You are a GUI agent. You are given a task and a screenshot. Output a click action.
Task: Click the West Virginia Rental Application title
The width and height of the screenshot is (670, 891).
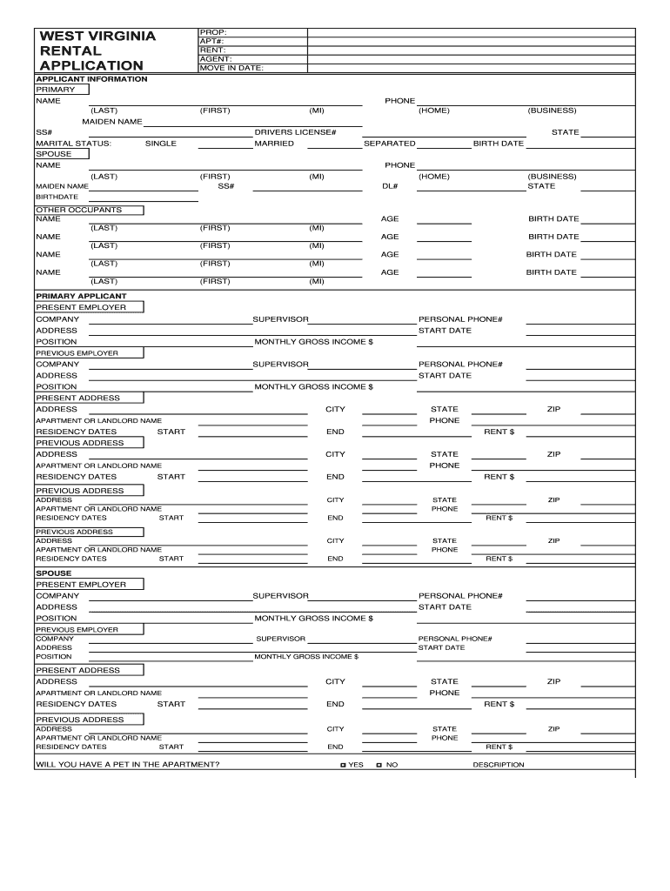(x=97, y=50)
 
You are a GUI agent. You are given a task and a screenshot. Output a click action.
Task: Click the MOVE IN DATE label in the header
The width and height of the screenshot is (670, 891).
(x=231, y=67)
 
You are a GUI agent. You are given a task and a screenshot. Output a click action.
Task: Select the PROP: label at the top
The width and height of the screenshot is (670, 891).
(x=212, y=31)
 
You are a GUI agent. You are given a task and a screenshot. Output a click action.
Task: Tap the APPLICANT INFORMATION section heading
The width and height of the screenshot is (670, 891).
(x=91, y=79)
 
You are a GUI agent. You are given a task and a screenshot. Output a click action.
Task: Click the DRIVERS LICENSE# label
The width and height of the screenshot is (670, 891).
(x=295, y=132)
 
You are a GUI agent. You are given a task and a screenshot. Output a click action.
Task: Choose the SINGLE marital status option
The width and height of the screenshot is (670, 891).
(x=160, y=144)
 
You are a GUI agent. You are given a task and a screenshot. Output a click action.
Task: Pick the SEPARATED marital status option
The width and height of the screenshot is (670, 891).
(x=389, y=144)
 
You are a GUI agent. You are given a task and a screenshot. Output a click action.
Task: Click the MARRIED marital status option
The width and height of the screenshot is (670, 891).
(x=273, y=144)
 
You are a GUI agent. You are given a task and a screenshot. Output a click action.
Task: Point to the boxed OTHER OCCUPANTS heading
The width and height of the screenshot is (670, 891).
(x=78, y=210)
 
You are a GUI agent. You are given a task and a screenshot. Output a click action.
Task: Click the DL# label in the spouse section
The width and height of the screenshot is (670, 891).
(x=390, y=186)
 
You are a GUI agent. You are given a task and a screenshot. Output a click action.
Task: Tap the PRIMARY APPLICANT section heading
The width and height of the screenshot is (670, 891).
(x=81, y=296)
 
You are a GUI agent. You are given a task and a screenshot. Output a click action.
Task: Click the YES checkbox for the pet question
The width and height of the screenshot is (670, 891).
(x=344, y=765)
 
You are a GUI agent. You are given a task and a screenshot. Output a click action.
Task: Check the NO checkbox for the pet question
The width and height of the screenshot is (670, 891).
(x=379, y=765)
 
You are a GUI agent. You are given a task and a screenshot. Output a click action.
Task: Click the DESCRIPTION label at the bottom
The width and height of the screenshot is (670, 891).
(x=498, y=765)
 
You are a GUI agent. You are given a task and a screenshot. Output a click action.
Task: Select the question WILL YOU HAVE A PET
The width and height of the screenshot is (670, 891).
(x=127, y=765)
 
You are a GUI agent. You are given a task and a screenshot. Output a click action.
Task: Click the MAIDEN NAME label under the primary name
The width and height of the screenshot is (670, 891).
(x=112, y=121)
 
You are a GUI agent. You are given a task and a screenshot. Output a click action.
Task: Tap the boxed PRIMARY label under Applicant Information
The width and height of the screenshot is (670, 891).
(x=55, y=90)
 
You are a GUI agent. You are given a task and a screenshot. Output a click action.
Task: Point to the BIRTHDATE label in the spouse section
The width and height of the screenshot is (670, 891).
(x=50, y=197)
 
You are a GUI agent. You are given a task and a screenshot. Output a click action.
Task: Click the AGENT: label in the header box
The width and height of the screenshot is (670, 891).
(x=215, y=58)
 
